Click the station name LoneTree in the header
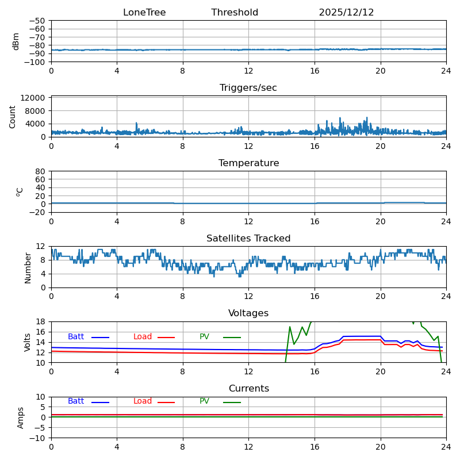tap(144, 13)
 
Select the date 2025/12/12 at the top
tap(346, 13)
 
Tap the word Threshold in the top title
tap(235, 13)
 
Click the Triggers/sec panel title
tap(248, 88)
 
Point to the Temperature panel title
tap(248, 163)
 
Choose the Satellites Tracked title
tap(248, 239)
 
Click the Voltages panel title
tap(248, 313)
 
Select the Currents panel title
tap(248, 389)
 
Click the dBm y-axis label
tap(16, 41)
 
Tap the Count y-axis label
tap(13, 116)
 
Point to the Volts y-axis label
tap(28, 342)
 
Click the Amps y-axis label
tap(21, 417)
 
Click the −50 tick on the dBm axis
tap(37, 21)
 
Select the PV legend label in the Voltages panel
tap(205, 337)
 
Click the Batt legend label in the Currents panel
tap(76, 401)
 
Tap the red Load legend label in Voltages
tap(143, 337)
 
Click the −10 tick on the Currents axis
tap(37, 438)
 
